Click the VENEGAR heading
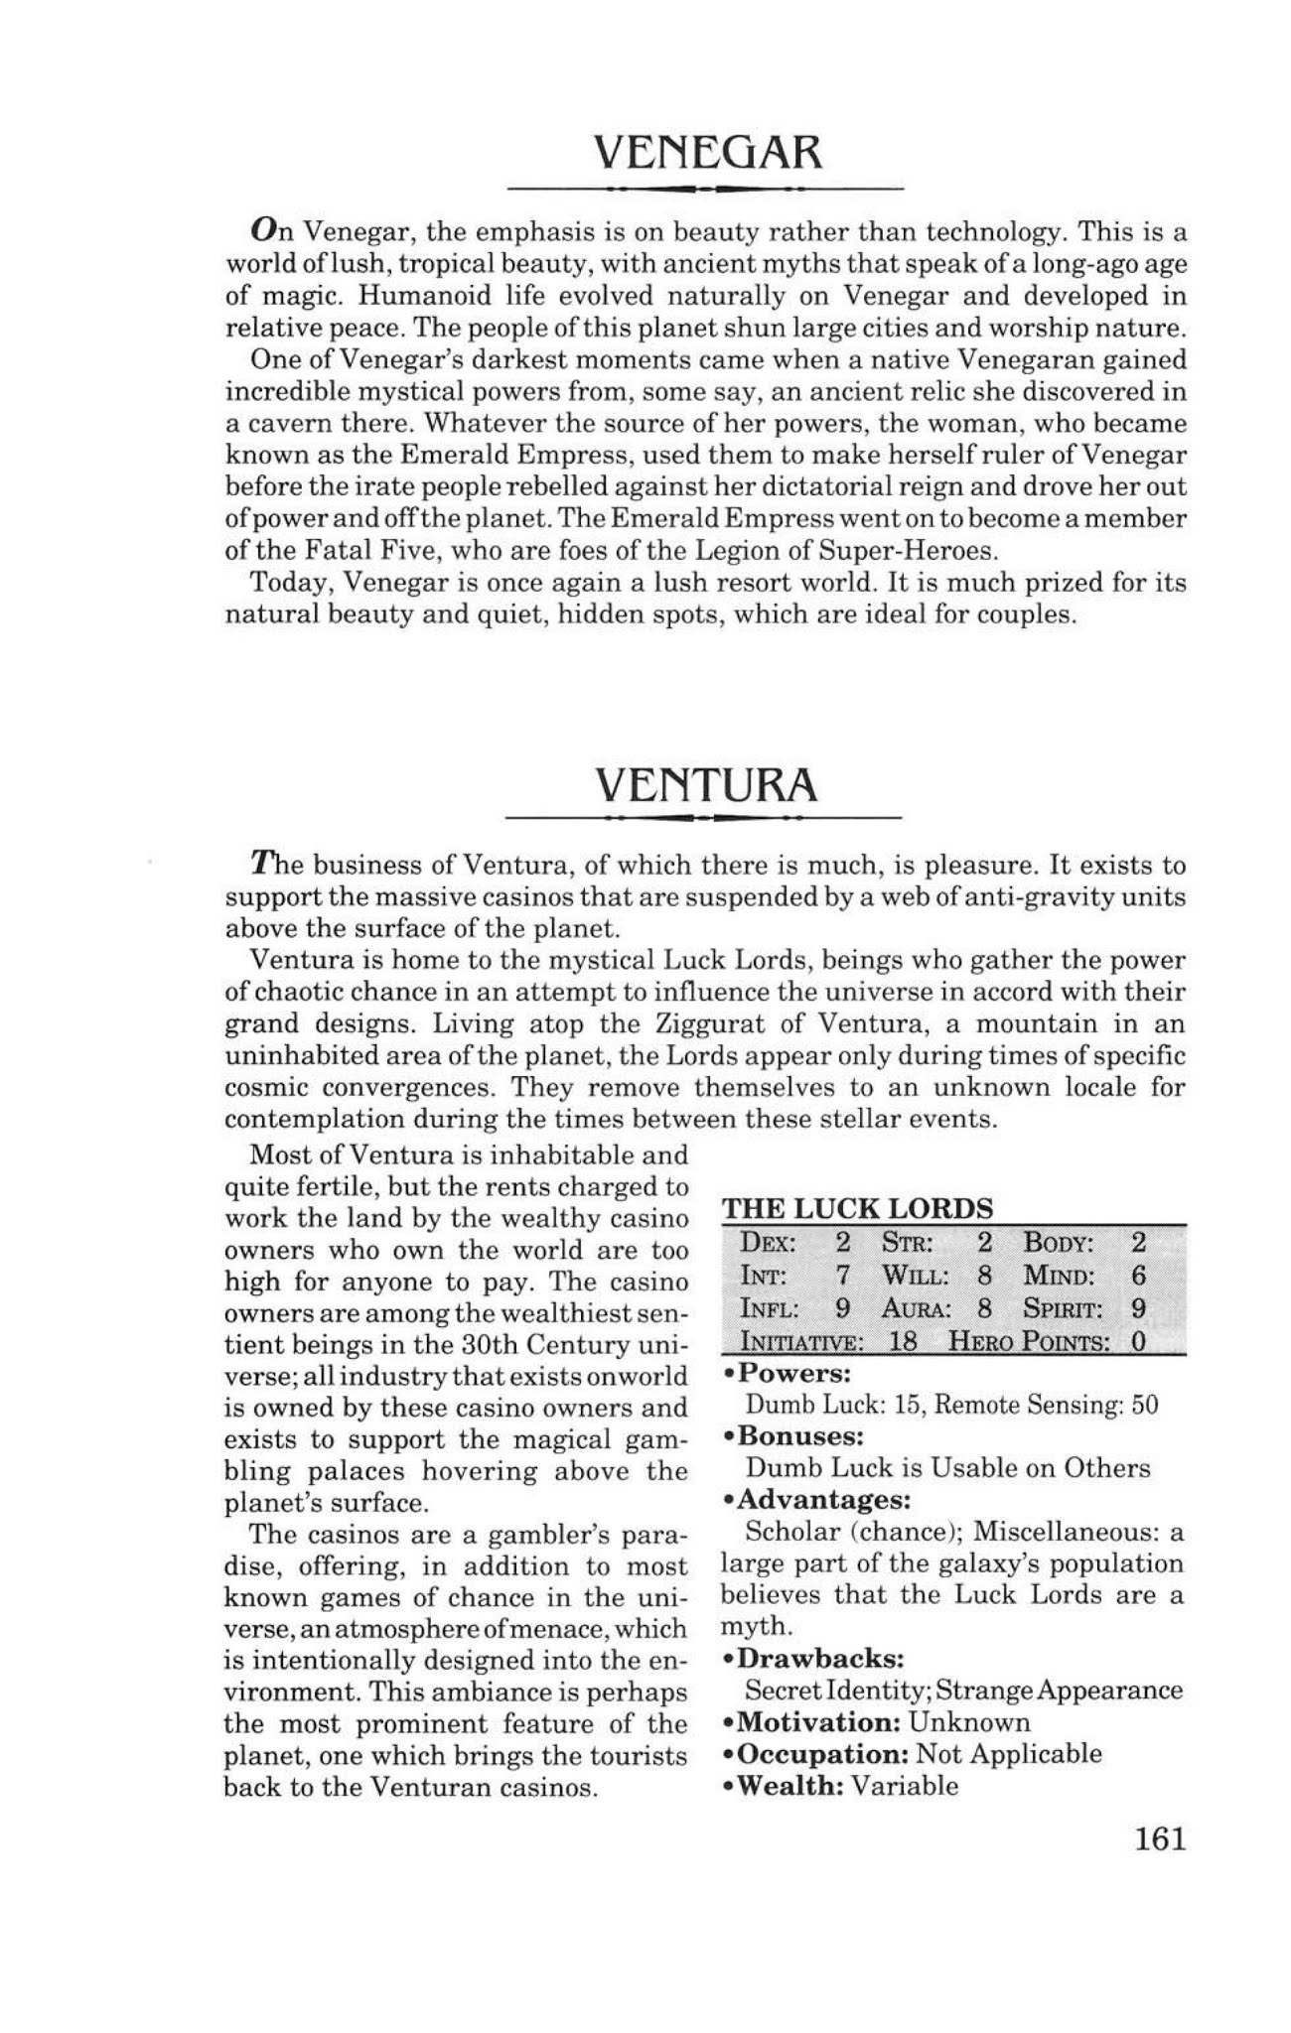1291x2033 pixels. click(707, 153)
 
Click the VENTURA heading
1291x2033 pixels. click(706, 785)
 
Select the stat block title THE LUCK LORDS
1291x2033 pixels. click(857, 1208)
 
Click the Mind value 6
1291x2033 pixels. click(1139, 1275)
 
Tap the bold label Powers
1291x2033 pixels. click(797, 1374)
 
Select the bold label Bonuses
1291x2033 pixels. click(803, 1435)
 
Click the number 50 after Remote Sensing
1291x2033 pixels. click(1145, 1405)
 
